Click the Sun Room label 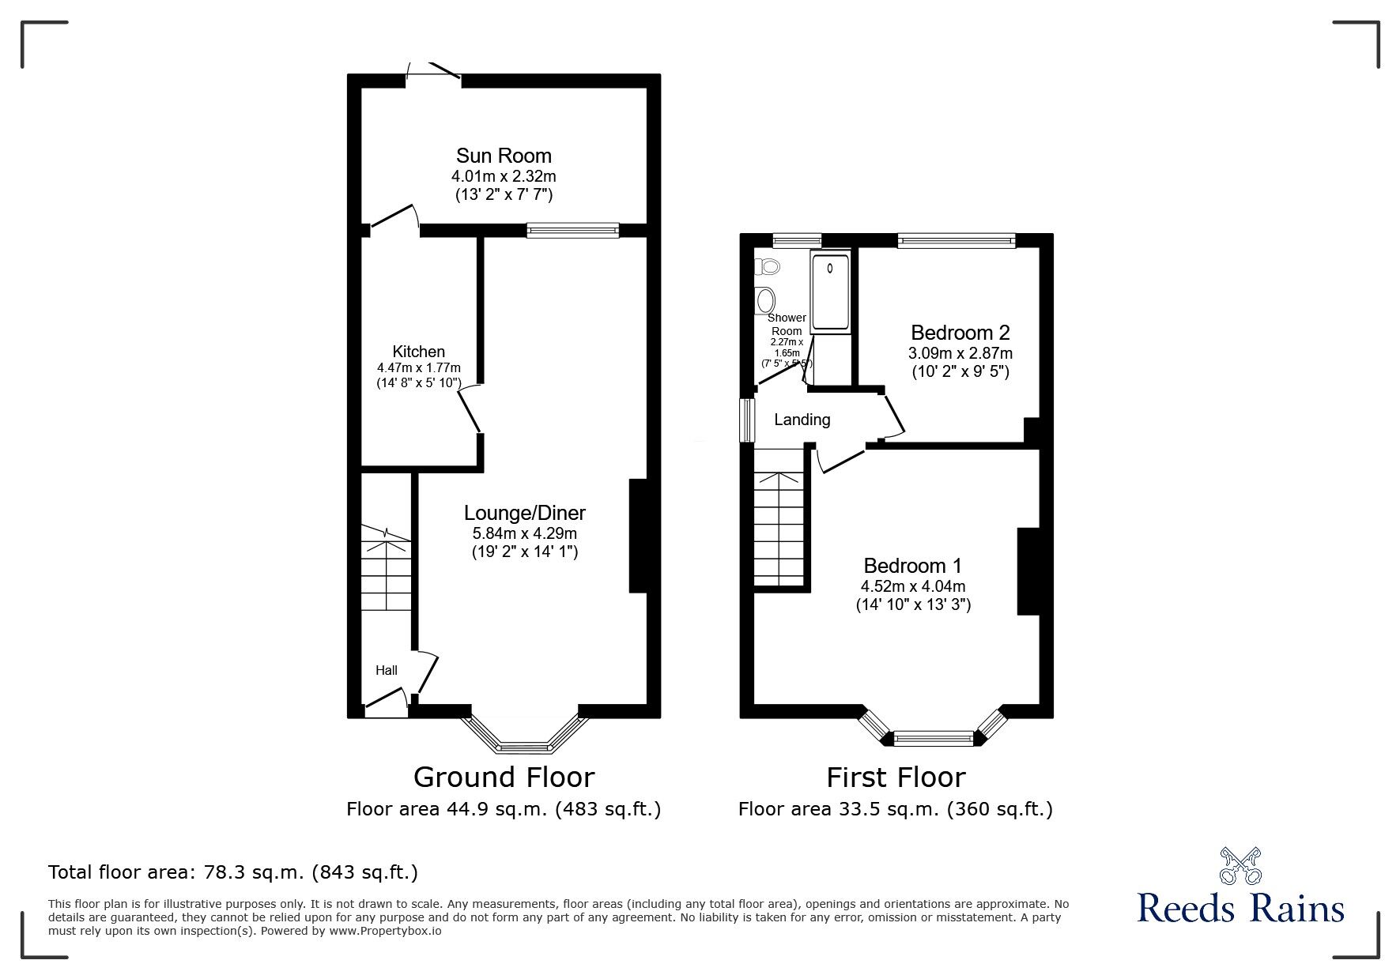[504, 156]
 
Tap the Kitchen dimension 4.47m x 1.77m [419, 367]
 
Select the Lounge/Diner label [524, 513]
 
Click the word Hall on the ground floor [387, 670]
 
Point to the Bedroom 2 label [960, 333]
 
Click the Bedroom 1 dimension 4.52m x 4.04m [913, 586]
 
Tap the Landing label [802, 420]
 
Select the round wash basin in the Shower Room [766, 300]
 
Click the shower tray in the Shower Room [830, 292]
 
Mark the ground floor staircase [387, 569]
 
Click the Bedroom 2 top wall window [956, 240]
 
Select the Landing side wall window [745, 420]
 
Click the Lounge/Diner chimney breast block [637, 535]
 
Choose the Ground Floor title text [504, 778]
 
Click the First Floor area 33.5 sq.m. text [895, 809]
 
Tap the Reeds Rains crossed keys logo [1241, 866]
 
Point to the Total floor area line [233, 872]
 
